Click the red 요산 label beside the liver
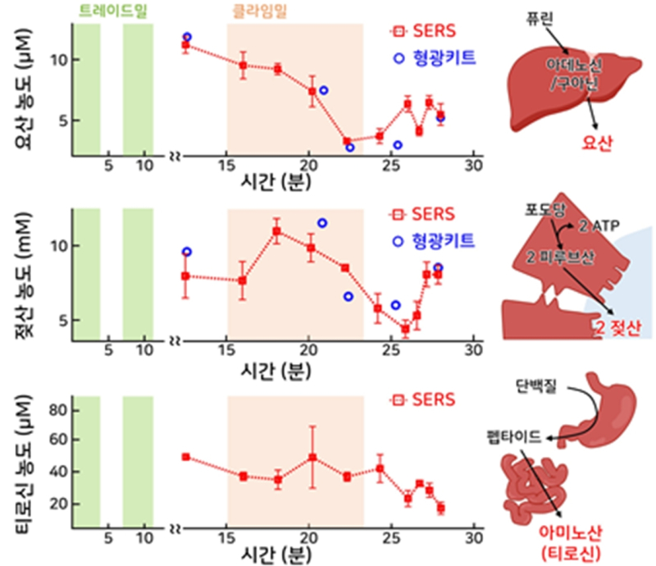(599, 144)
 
